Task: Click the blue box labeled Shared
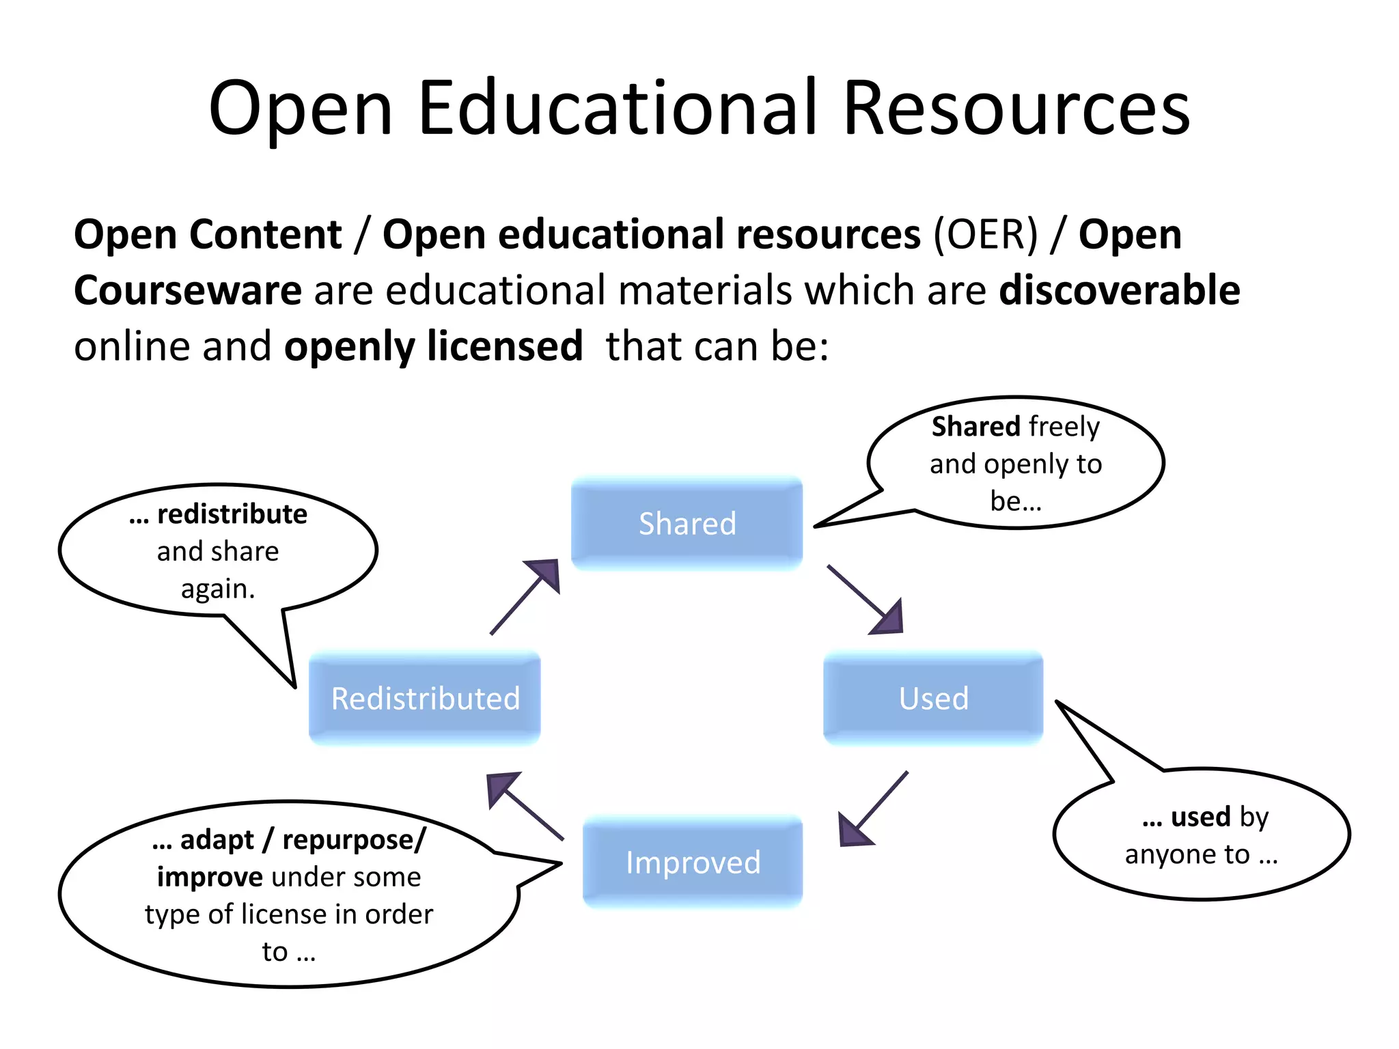point(687,524)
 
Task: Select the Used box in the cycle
point(933,698)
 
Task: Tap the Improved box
point(693,862)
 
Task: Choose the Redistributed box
point(425,698)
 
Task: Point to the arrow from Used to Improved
point(872,810)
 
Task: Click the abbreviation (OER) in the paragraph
point(986,235)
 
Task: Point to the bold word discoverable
point(1120,290)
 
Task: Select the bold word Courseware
point(188,290)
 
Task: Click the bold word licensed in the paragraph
point(505,346)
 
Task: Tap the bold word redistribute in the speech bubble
point(232,514)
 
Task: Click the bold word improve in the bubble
point(210,877)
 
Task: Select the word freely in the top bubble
point(1064,427)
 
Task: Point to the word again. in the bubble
point(218,589)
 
